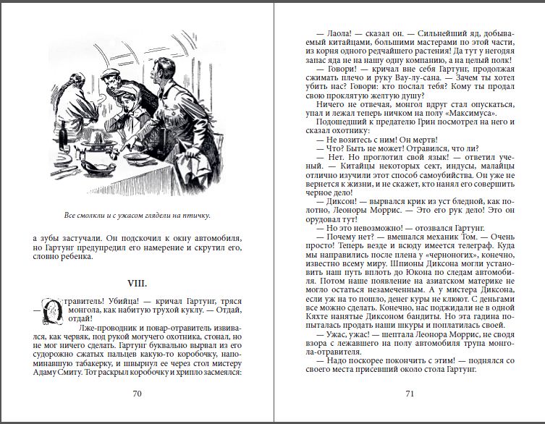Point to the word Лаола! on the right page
point(328,33)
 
